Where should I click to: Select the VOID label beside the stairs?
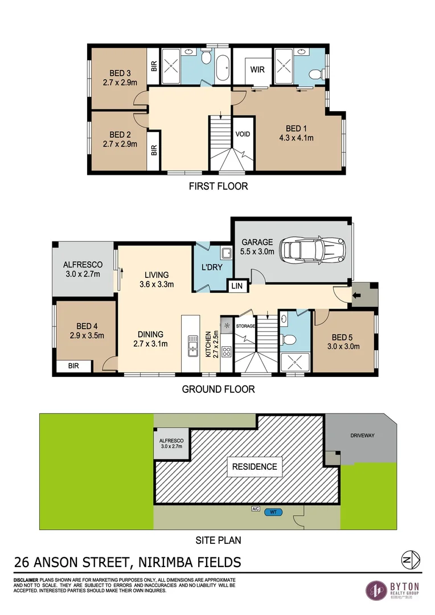(243, 134)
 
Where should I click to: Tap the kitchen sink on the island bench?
(191, 345)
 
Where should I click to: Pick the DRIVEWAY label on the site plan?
(362, 436)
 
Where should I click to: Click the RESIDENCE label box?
(254, 466)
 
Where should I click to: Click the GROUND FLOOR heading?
(218, 389)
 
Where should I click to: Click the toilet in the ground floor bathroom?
(289, 339)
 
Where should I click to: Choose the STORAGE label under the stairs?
(246, 326)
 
